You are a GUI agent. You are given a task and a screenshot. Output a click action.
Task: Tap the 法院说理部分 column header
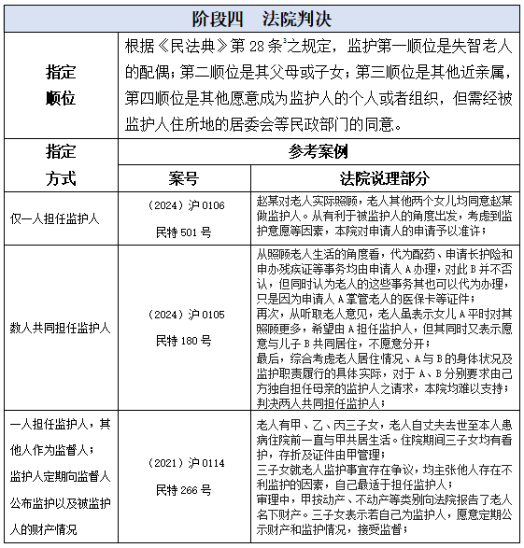(x=385, y=177)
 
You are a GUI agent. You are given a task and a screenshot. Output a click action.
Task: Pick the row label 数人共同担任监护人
(x=61, y=328)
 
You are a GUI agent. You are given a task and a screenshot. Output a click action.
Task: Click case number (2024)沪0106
(x=187, y=204)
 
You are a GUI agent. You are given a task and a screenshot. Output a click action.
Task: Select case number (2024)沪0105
(x=187, y=315)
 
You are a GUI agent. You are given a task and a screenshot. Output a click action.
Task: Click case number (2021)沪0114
(x=187, y=463)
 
